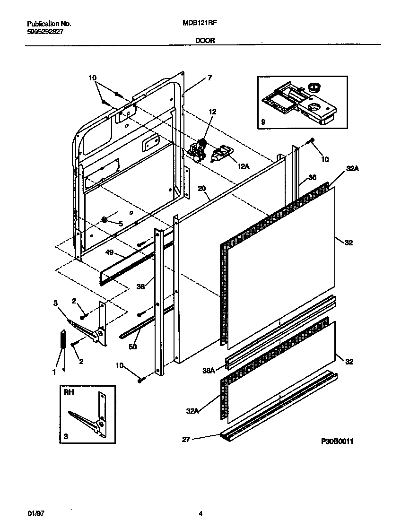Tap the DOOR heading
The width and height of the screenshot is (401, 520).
tap(205, 41)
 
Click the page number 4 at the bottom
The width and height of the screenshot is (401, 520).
tap(200, 514)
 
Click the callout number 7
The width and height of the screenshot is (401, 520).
tap(209, 78)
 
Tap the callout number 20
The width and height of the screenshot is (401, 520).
tap(202, 189)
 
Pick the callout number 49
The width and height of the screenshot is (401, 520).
tap(109, 253)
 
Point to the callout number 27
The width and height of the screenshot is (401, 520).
tap(186, 439)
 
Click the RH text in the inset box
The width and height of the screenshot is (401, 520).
tap(69, 392)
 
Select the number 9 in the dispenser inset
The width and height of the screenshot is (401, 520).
tap(263, 122)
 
